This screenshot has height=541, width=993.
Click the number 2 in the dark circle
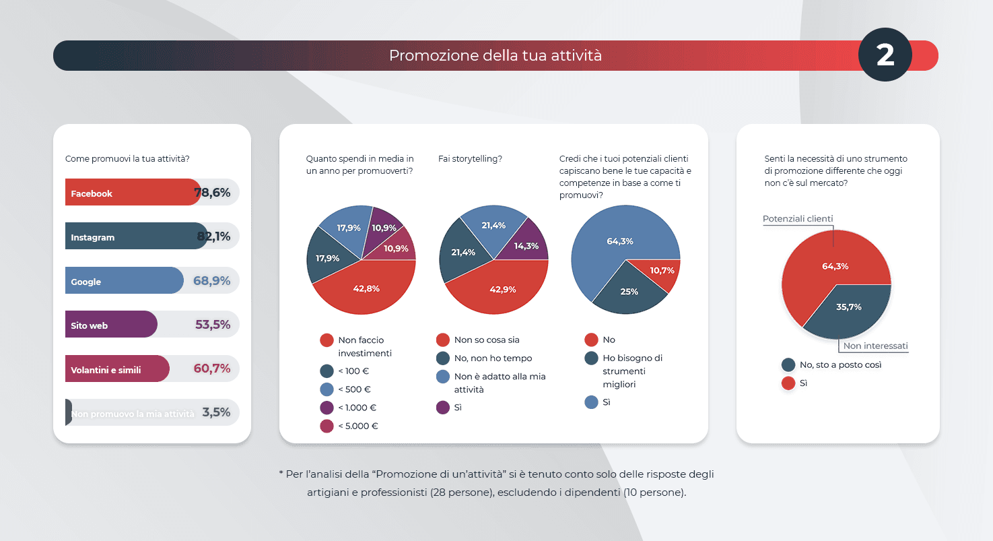[885, 55]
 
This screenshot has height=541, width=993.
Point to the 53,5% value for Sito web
[213, 325]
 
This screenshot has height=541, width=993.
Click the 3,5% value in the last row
[216, 412]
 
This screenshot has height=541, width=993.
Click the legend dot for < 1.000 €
[327, 408]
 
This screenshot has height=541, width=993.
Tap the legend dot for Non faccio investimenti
[327, 340]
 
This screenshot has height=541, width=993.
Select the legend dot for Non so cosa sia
[443, 340]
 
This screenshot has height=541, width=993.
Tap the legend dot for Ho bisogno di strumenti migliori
[592, 358]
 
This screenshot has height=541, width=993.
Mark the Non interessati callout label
[875, 346]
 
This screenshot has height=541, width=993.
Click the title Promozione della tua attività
[495, 55]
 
